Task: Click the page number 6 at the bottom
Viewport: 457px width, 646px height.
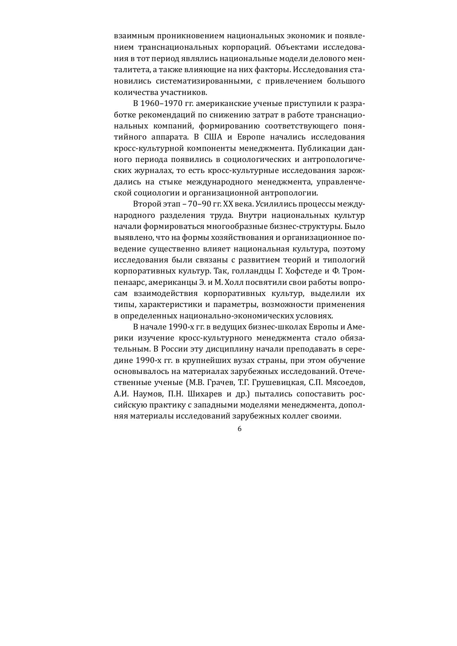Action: [x=239, y=429]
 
